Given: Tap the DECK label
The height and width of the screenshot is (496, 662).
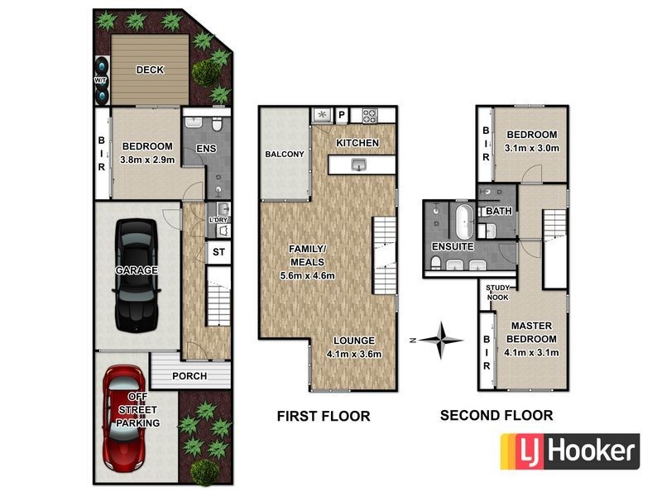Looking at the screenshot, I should (150, 70).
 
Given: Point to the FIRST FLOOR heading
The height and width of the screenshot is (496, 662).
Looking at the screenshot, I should (324, 416).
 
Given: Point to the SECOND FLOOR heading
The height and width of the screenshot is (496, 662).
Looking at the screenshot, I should (496, 416).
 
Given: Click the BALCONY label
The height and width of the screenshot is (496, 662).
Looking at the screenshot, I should (285, 155).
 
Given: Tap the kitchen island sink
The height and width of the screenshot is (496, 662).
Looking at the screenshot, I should (358, 166).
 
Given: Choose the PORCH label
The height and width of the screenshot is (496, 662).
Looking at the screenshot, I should (189, 376).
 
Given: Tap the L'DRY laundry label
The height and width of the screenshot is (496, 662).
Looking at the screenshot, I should (218, 220).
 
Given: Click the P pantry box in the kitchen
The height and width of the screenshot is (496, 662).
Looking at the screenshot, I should (340, 115).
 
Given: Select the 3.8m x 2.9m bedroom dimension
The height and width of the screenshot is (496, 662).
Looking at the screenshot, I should (147, 160).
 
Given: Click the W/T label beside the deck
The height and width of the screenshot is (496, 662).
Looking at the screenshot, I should (100, 80).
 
